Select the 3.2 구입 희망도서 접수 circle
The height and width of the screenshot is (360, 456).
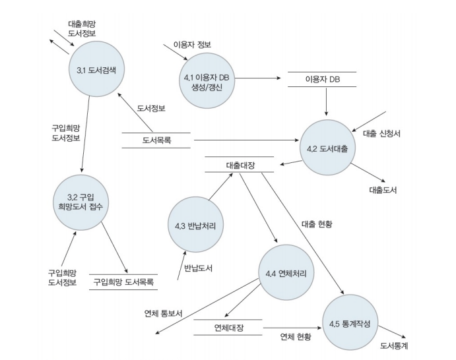point(81,201)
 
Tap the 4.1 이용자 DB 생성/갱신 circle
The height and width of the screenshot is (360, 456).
point(207,81)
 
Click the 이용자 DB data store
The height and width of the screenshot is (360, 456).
point(321,79)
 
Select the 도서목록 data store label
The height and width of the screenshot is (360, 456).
point(156,140)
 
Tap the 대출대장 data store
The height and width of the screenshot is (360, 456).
point(239,165)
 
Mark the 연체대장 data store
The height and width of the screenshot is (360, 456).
point(228,328)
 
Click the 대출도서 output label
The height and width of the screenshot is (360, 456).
point(383,189)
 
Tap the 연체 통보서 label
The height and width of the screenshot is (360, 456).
point(162,313)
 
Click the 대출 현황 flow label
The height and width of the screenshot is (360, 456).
point(315,224)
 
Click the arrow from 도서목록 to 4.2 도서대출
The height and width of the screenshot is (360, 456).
point(244,140)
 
